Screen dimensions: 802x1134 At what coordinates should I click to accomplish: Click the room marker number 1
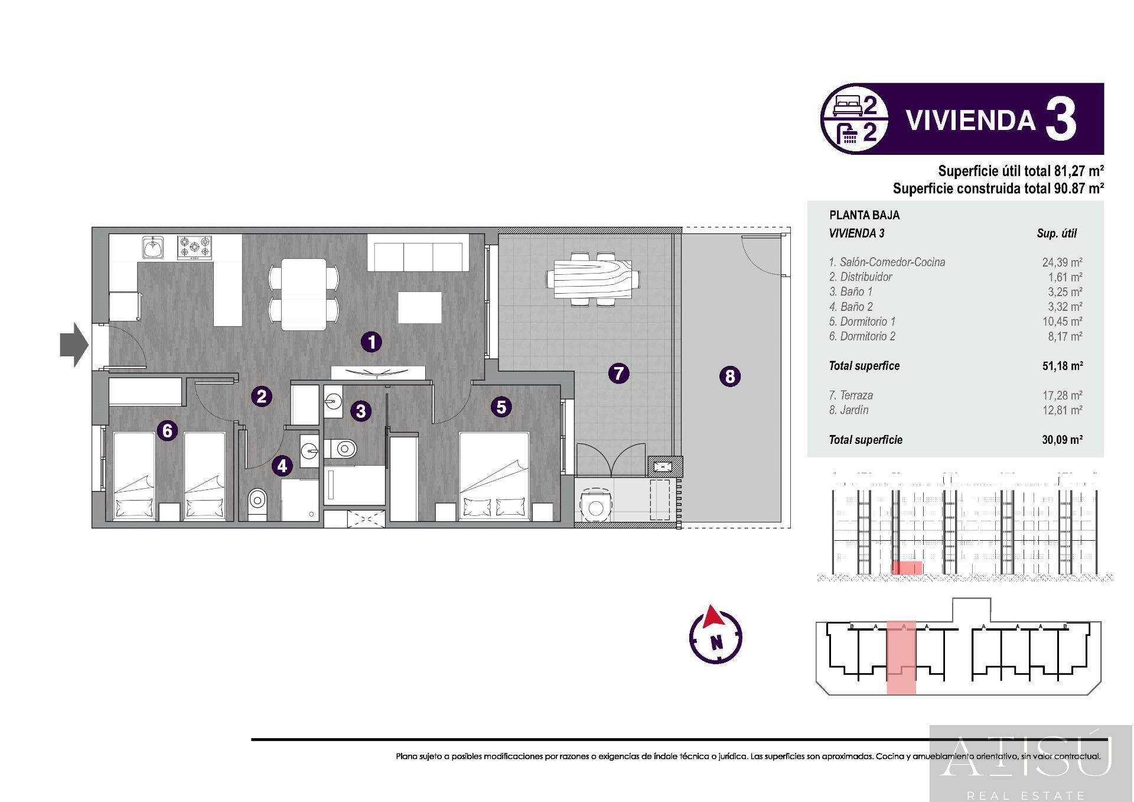click(372, 342)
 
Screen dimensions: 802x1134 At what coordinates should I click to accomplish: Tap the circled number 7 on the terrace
click(618, 373)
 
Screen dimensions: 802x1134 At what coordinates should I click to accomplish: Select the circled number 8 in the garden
click(730, 376)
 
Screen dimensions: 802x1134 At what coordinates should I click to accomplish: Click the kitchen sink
click(153, 246)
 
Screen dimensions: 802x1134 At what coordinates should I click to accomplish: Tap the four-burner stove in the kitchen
click(195, 247)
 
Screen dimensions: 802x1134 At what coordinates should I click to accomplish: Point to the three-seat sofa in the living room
click(418, 252)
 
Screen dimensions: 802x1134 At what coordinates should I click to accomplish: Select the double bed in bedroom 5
click(494, 476)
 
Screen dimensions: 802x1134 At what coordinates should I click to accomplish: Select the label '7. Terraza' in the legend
click(850, 395)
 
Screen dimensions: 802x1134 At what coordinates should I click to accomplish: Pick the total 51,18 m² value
click(1062, 366)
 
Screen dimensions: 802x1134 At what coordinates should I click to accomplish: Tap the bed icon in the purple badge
click(848, 106)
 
